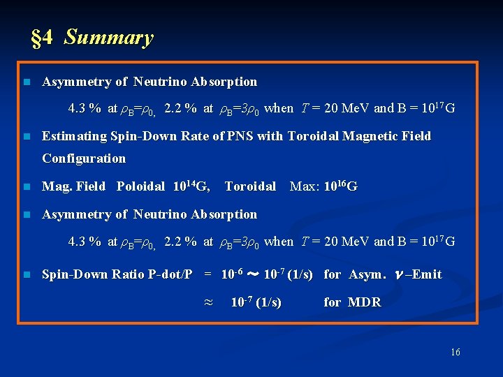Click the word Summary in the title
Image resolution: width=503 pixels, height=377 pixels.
coord(108,38)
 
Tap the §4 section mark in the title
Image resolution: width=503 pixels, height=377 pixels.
coord(42,38)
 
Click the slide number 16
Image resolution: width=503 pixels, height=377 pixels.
coord(455,353)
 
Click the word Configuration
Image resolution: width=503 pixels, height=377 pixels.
coord(84,158)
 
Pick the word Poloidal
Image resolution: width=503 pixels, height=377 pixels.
coord(140,186)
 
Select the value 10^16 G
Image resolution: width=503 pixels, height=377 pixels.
coord(341,186)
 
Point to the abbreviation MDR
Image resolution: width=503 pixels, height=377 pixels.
coord(364,302)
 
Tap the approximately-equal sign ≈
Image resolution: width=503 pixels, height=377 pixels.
coord(207,302)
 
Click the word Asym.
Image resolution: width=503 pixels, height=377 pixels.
coord(367,274)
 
